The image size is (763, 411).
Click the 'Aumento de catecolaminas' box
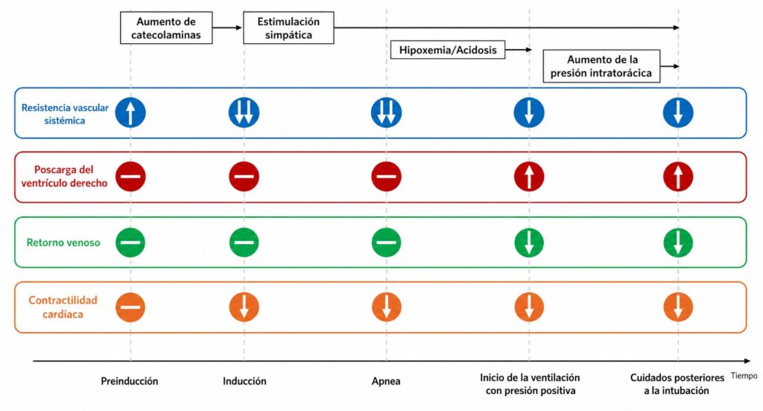(x=166, y=28)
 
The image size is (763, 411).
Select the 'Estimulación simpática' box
(x=288, y=28)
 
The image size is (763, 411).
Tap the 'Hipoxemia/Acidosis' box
(x=448, y=50)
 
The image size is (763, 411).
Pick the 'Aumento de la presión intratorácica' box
(x=601, y=66)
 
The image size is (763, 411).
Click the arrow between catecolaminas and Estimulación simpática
(x=227, y=28)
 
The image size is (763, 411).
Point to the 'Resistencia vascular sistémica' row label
(x=65, y=114)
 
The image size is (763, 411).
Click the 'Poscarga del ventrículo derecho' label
(x=64, y=176)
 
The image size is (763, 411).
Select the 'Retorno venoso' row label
(x=63, y=242)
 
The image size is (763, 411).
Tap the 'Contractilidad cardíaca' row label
(x=63, y=307)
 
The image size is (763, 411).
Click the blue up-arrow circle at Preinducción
(x=130, y=112)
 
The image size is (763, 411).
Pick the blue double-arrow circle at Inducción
(x=244, y=112)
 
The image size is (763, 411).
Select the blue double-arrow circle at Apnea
(x=387, y=112)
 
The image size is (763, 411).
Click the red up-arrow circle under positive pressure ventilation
(x=529, y=176)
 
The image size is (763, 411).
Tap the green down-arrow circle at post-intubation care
(x=678, y=242)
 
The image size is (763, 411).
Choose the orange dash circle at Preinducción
(x=130, y=307)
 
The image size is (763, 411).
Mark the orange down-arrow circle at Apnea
(x=387, y=307)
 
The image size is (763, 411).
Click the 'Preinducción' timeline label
(x=130, y=380)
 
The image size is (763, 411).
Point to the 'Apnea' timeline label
(x=386, y=380)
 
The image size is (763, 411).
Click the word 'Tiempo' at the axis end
(x=744, y=376)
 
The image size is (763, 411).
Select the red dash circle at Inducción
(x=244, y=176)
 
